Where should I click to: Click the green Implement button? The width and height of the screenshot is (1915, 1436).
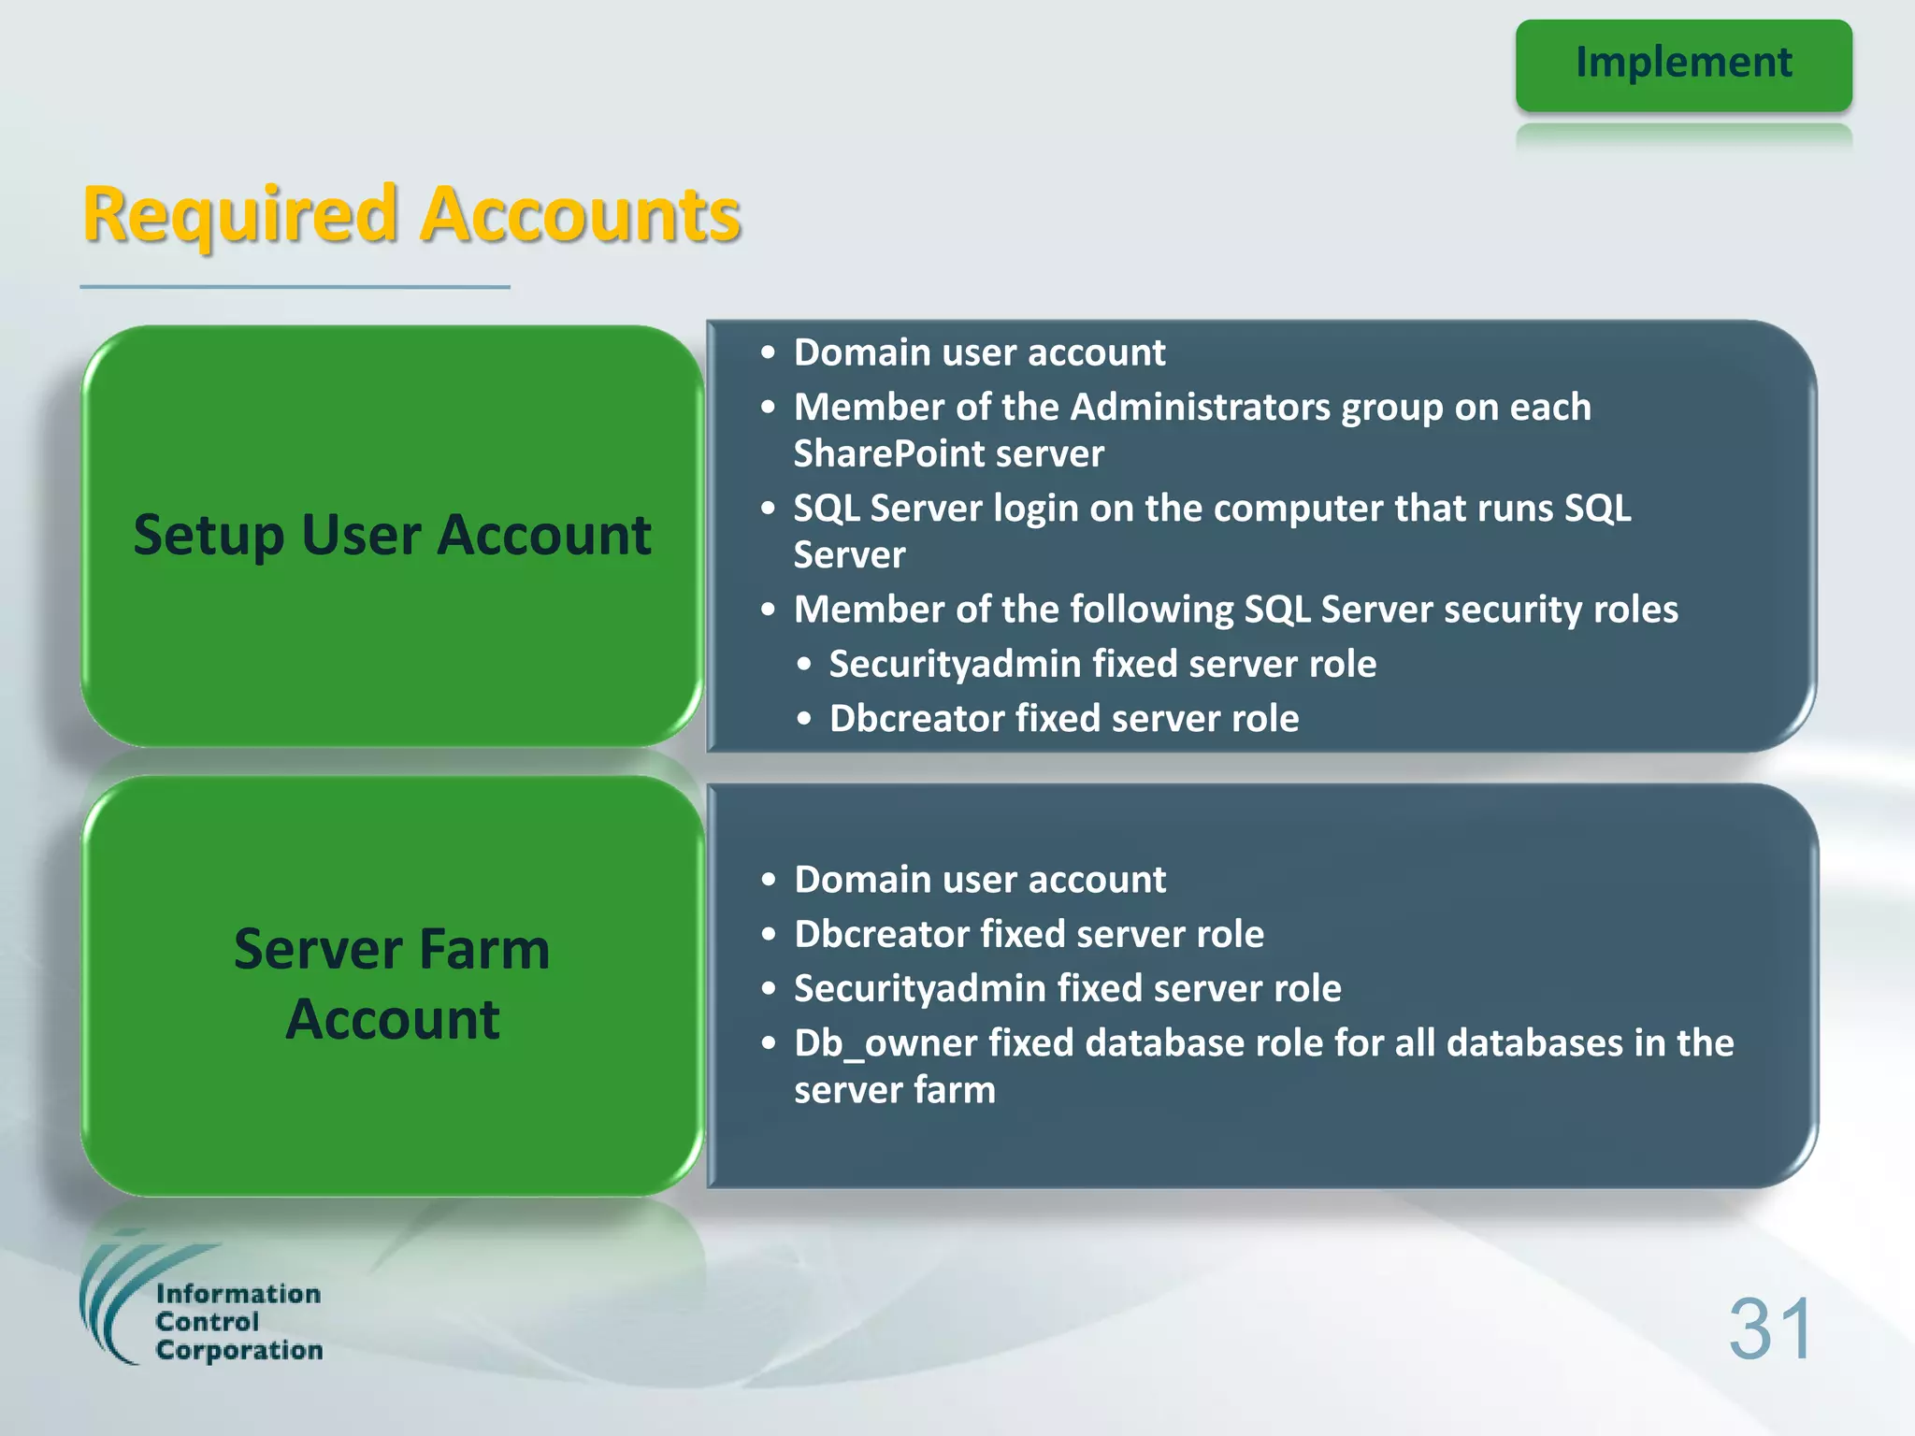1683,65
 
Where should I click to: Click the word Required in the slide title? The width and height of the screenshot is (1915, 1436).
240,216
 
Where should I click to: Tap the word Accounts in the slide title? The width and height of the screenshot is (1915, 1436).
581,216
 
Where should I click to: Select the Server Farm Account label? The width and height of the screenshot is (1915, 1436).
392,984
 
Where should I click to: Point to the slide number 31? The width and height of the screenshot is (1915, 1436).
1770,1328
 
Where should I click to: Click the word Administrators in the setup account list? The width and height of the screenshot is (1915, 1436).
1201,407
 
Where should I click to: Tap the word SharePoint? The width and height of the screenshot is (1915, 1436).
878,454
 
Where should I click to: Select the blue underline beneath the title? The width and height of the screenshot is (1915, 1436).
295,287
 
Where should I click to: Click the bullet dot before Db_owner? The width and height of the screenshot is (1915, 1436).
769,1043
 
